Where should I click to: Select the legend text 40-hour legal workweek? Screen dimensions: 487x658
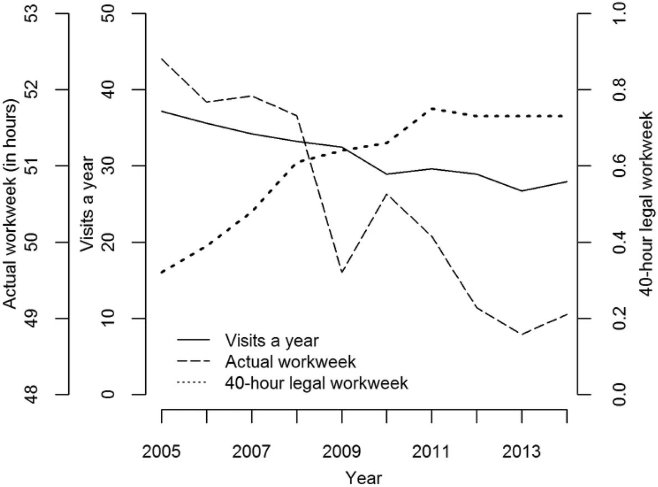click(x=317, y=383)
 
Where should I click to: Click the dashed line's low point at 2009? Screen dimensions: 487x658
click(x=341, y=272)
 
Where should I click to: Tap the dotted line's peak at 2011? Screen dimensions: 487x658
click(x=432, y=109)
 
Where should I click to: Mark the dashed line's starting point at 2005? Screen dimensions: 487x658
click(x=161, y=58)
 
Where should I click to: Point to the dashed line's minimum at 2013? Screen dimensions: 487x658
click(x=522, y=334)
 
